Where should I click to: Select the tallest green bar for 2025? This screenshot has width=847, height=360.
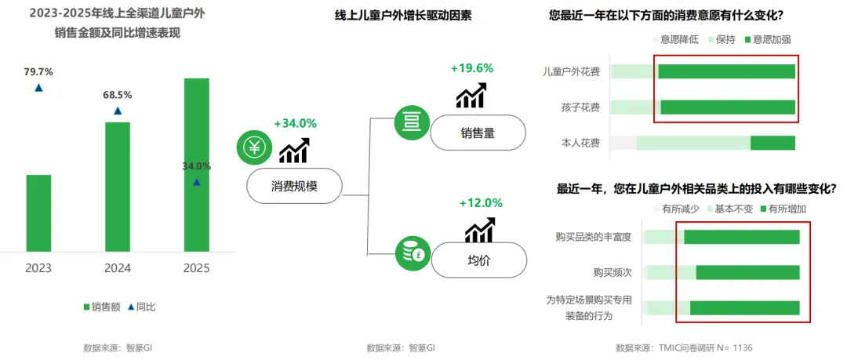(x=197, y=165)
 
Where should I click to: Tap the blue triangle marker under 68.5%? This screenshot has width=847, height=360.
(x=118, y=111)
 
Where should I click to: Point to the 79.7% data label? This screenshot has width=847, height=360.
(x=38, y=72)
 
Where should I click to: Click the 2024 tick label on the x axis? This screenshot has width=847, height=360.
(x=118, y=268)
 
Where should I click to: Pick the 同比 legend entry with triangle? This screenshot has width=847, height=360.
(x=141, y=307)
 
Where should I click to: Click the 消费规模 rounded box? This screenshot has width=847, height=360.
(x=295, y=186)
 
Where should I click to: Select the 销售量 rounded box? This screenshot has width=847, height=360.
(x=478, y=133)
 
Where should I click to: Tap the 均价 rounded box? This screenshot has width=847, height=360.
(x=478, y=260)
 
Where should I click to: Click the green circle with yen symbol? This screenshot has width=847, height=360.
(x=254, y=147)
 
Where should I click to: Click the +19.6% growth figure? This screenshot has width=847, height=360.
(x=471, y=68)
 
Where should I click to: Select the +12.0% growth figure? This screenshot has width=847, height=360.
(x=481, y=202)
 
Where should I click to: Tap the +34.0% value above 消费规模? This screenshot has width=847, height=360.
(x=295, y=123)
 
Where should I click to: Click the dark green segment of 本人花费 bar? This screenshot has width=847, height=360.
(x=772, y=143)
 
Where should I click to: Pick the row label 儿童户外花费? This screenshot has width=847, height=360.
(x=571, y=72)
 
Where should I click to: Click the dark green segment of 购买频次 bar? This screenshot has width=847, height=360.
(x=747, y=272)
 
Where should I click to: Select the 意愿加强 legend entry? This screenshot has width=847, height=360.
(x=769, y=38)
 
